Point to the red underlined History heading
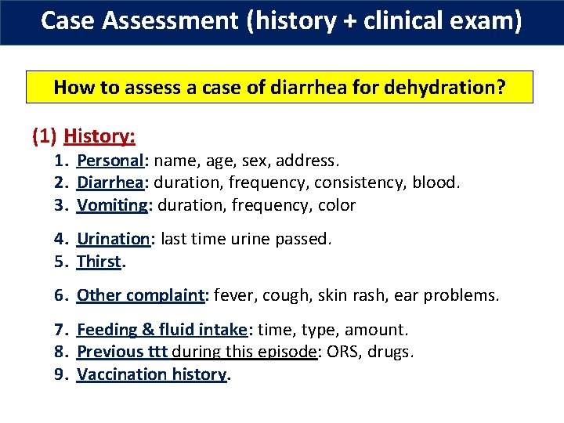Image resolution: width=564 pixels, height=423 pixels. (99, 136)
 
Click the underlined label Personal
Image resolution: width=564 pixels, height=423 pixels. (110, 161)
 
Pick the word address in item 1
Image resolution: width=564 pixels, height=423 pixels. (311, 161)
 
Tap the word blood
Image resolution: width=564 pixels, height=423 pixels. (438, 183)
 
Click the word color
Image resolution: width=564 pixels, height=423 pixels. (338, 205)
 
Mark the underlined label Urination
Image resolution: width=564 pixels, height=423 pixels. (113, 239)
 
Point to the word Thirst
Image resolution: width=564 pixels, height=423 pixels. (99, 262)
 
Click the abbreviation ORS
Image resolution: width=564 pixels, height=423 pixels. (343, 352)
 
